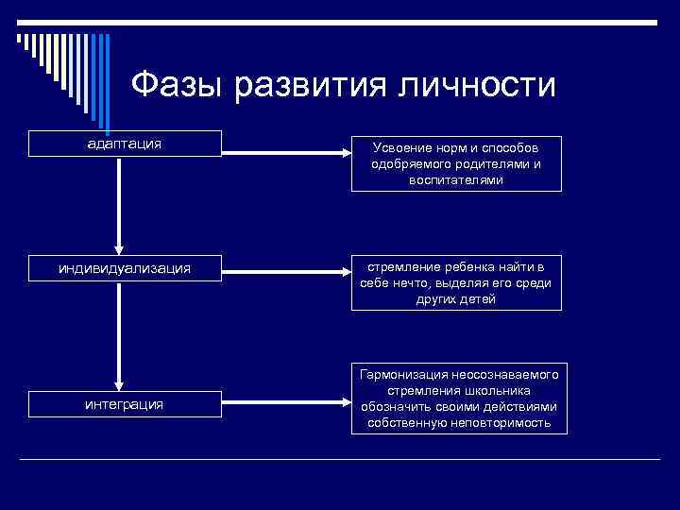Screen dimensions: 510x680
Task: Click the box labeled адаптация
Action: [x=125, y=144]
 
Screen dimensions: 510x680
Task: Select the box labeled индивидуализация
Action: [x=125, y=268]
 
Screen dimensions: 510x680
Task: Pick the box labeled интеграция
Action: [x=125, y=404]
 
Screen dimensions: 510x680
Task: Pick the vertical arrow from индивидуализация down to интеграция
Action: [x=119, y=335]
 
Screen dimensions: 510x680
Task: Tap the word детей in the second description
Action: [x=481, y=299]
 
